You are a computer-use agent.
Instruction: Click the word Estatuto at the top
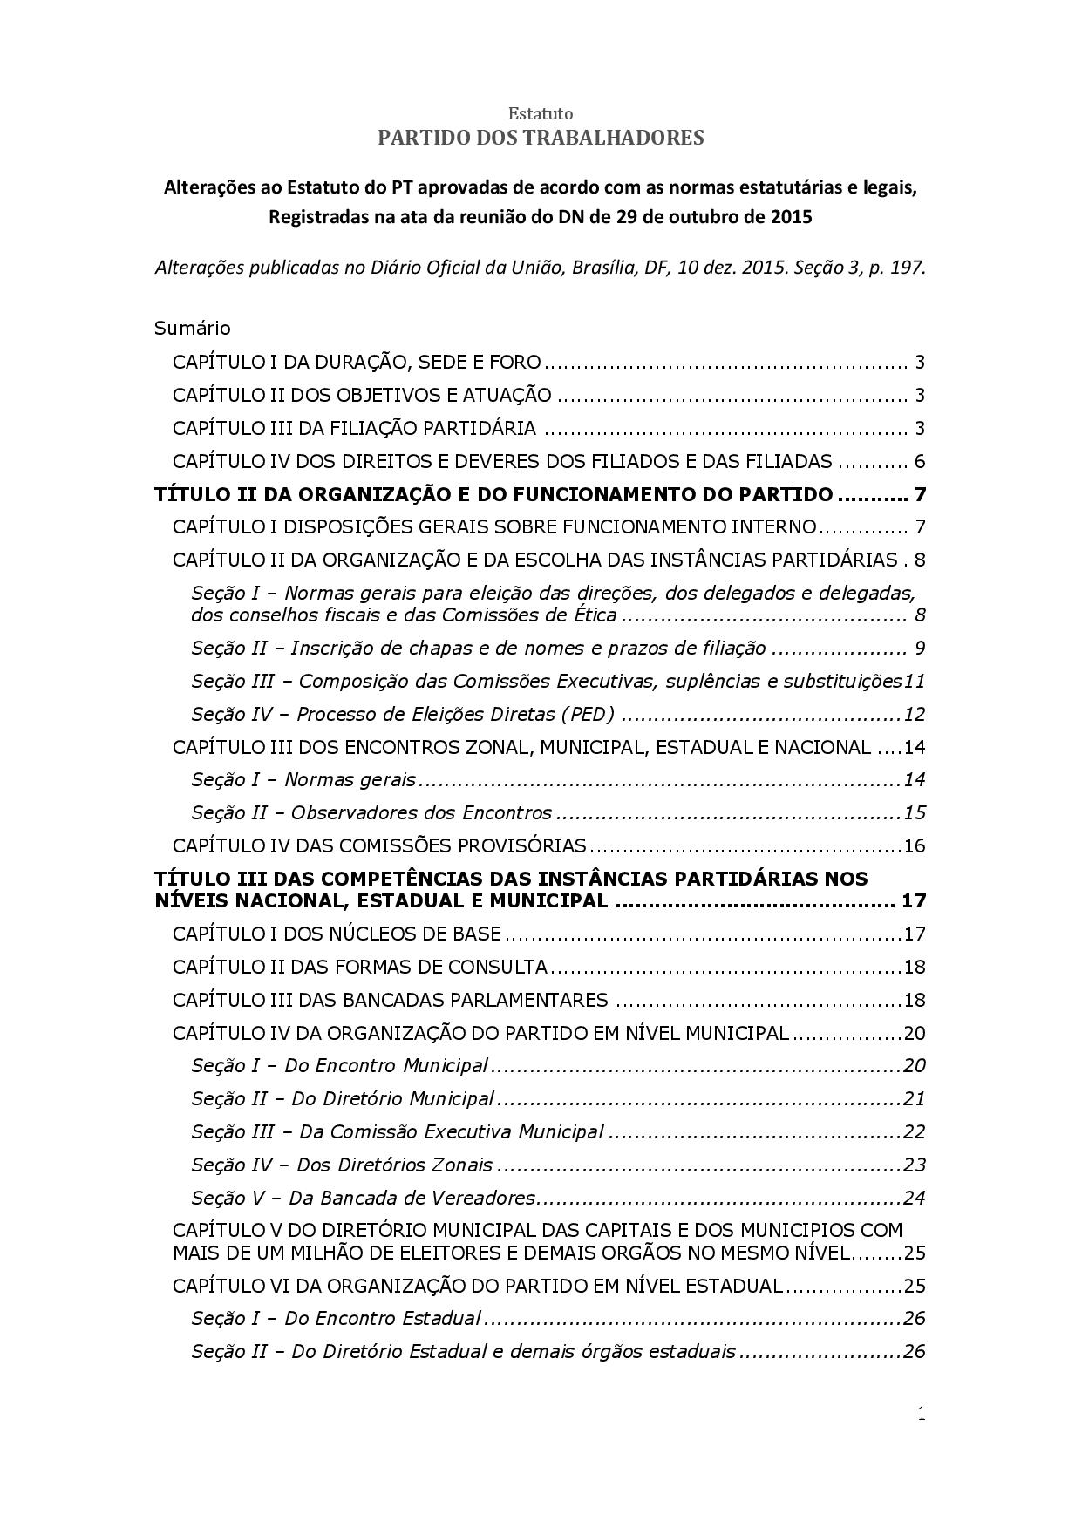[x=541, y=113]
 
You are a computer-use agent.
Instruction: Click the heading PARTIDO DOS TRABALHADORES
[x=541, y=138]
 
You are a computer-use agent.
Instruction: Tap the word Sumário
[x=193, y=329]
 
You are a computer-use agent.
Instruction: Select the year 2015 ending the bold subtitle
[x=791, y=217]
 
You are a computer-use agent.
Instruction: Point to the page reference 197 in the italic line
[x=907, y=268]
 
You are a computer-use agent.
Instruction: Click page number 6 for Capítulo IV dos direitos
[x=919, y=462]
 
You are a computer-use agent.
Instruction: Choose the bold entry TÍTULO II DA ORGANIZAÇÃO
[x=493, y=495]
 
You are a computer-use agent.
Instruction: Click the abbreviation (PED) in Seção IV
[x=587, y=715]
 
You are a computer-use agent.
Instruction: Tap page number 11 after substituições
[x=915, y=681]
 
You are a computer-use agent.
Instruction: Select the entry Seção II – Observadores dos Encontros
[x=371, y=813]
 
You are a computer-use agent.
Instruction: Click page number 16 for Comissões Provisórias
[x=914, y=846]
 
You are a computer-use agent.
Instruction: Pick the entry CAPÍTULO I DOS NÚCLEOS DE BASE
[x=337, y=934]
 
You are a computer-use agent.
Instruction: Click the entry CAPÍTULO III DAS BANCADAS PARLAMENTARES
[x=390, y=1000]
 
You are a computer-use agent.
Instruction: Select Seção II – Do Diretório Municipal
[x=343, y=1099]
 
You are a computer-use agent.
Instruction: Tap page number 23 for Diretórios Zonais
[x=914, y=1165]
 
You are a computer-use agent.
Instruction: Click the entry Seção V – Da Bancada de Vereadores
[x=363, y=1198]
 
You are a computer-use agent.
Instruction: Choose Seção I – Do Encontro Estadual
[x=336, y=1318]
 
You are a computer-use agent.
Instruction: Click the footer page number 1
[x=921, y=1414]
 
